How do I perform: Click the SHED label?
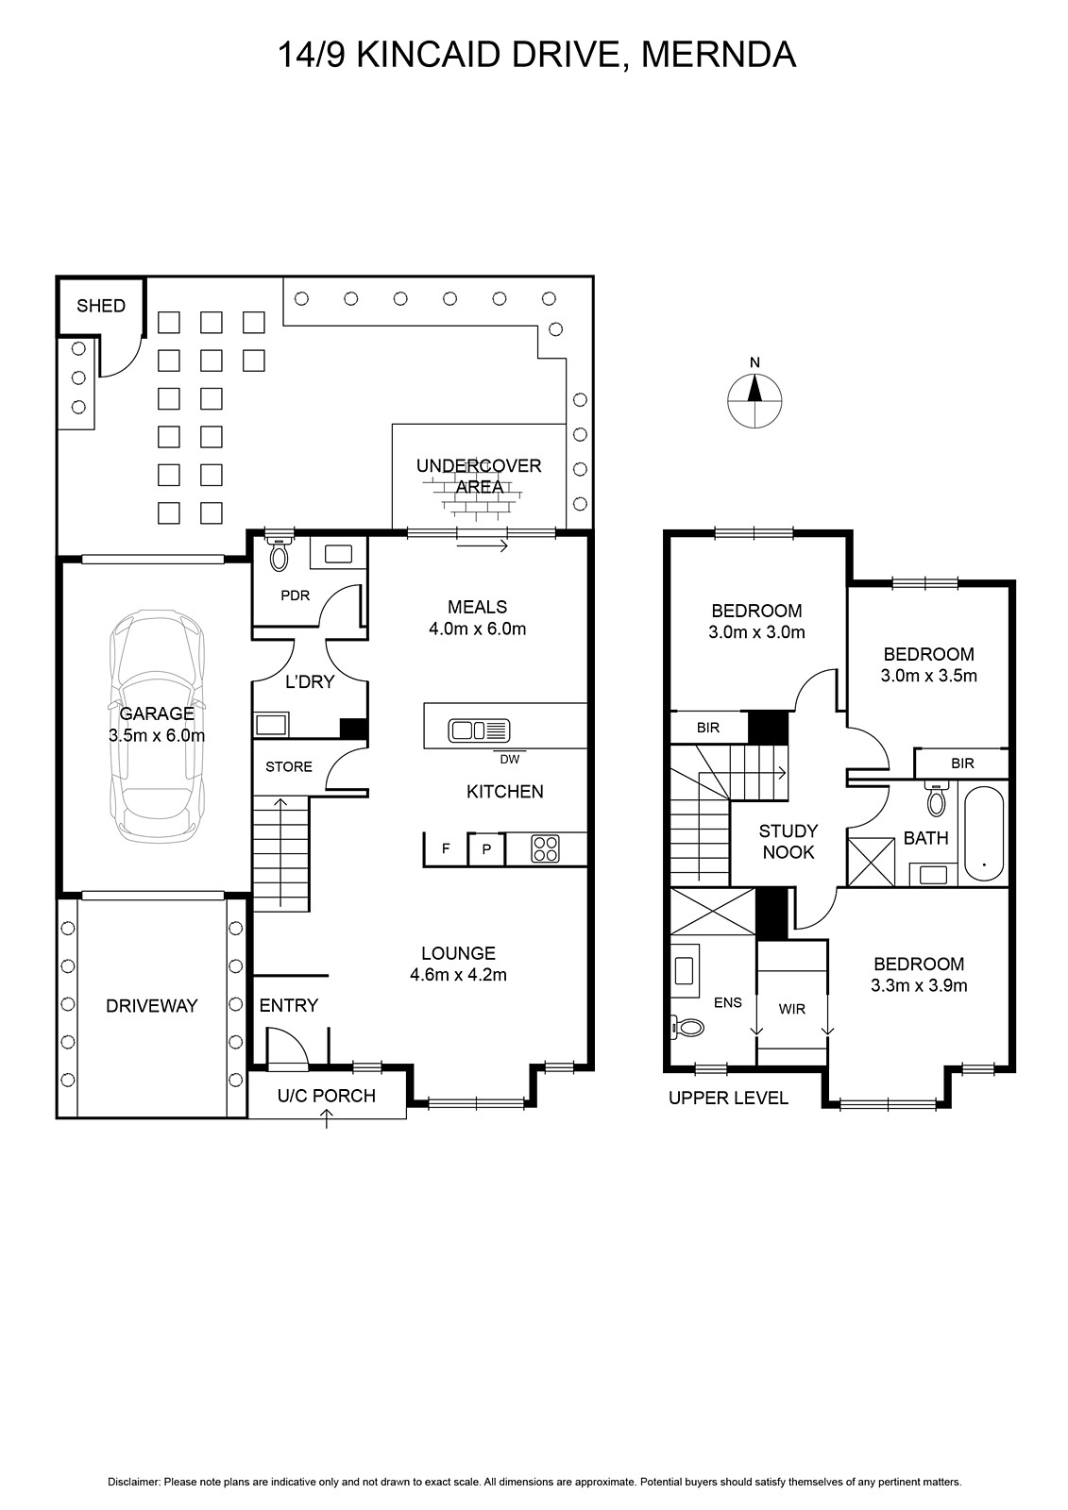[x=101, y=306]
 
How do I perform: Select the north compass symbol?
[x=754, y=396]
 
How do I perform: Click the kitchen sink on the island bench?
[x=479, y=730]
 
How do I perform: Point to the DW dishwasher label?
[x=509, y=759]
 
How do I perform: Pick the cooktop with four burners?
[x=545, y=849]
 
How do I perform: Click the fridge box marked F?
[x=446, y=849]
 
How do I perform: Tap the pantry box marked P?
[x=486, y=850]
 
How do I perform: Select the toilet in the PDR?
[x=279, y=554]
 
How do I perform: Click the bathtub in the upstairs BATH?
[x=984, y=833]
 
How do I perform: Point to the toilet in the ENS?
[x=688, y=1028]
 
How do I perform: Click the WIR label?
[x=792, y=1009]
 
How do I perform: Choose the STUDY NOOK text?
[x=788, y=841]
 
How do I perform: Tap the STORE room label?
[x=289, y=766]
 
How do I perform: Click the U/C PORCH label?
[x=327, y=1096]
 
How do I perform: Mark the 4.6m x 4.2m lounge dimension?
[x=458, y=975]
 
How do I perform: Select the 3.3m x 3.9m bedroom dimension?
[x=919, y=985]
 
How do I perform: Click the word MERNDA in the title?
[x=719, y=56]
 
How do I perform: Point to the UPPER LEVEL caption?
[x=728, y=1099]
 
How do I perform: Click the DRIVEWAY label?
[x=152, y=1006]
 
